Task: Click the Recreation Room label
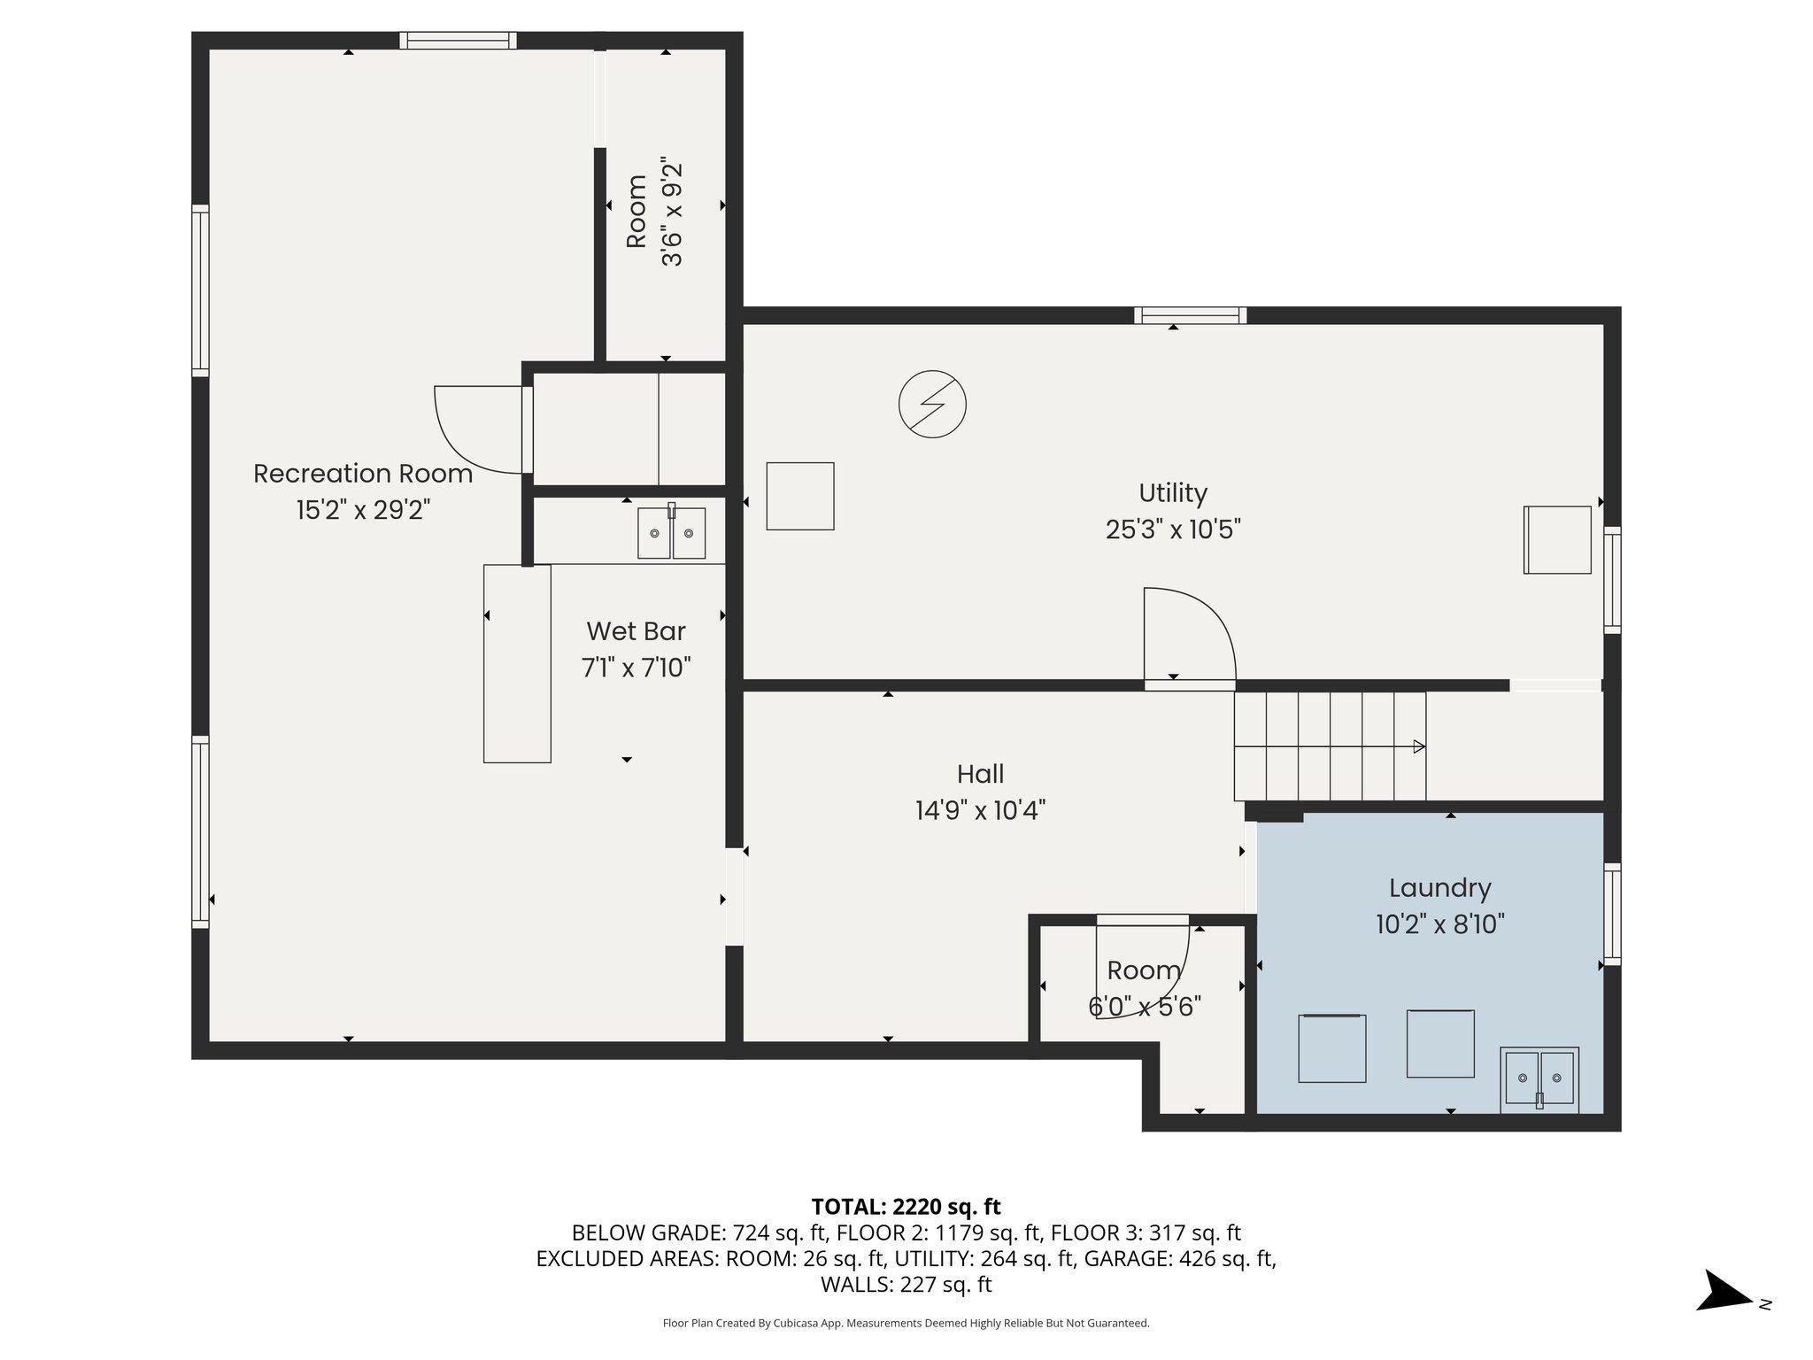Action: coord(363,474)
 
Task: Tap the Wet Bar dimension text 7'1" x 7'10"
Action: coord(636,668)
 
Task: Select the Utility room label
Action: coord(1173,492)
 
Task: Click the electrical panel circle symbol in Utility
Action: coord(932,405)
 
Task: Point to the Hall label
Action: coord(980,774)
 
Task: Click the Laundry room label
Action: coord(1440,888)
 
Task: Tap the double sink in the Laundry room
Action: coord(1539,1079)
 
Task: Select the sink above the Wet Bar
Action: coord(672,533)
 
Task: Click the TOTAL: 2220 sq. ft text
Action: coord(906,1207)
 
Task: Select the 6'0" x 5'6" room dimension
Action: coord(1144,1007)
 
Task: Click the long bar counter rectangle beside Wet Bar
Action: coord(517,663)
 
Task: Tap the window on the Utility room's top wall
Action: coord(1190,315)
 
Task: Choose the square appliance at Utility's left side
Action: coord(800,496)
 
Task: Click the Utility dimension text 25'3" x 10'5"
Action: coord(1173,529)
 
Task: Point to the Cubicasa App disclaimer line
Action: coord(906,1324)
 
